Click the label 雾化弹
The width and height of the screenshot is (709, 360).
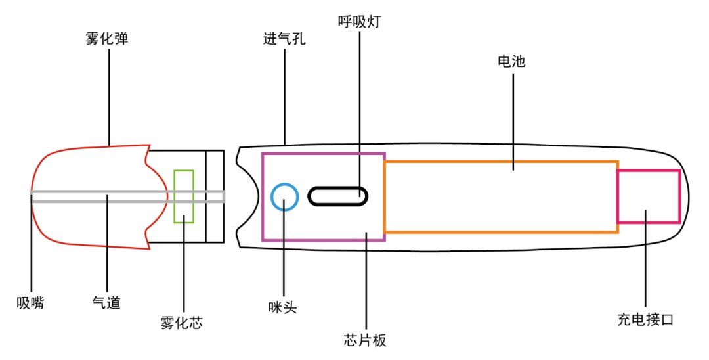pyautogui.click(x=107, y=39)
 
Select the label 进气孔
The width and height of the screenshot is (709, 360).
pyautogui.click(x=284, y=39)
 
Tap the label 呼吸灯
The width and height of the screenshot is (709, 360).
pyautogui.click(x=360, y=22)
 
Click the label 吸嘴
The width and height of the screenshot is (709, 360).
pyautogui.click(x=30, y=303)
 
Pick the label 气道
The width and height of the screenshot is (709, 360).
pyautogui.click(x=106, y=303)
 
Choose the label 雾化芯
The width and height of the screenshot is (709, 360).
pyautogui.click(x=182, y=323)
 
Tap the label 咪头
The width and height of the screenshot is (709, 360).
pyautogui.click(x=282, y=307)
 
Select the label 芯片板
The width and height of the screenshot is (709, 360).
pyautogui.click(x=365, y=340)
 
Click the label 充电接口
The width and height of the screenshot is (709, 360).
pyautogui.click(x=645, y=320)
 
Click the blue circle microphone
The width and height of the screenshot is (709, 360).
pyautogui.click(x=285, y=184)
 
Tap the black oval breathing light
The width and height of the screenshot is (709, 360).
pyautogui.click(x=338, y=187)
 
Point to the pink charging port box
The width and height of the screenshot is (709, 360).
pyautogui.click(x=649, y=171)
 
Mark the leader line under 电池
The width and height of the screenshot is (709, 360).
pyautogui.click(x=513, y=122)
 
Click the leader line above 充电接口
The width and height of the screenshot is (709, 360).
pyautogui.click(x=645, y=259)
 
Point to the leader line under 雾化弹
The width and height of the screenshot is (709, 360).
pyautogui.click(x=109, y=97)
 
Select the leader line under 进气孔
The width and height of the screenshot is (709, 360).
pyautogui.click(x=284, y=97)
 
